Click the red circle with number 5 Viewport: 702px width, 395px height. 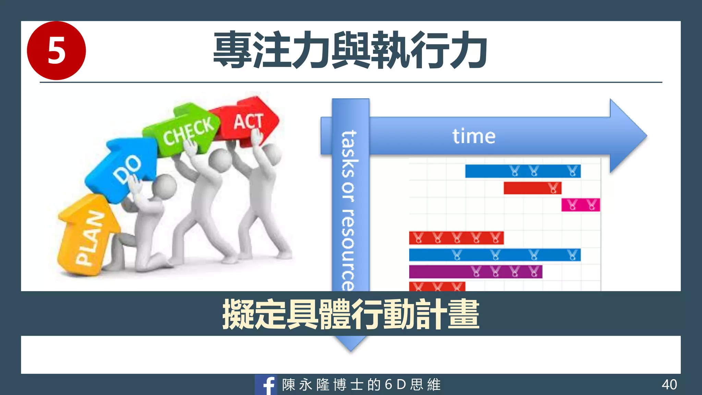56,50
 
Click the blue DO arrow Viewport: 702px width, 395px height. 125,168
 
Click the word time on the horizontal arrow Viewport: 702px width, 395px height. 474,136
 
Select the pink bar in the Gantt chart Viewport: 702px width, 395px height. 580,205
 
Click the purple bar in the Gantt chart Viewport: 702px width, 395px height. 475,272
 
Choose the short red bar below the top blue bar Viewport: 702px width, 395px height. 532,188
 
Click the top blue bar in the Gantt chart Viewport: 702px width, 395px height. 522,171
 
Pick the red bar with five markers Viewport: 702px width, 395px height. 456,238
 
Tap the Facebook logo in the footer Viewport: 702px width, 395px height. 266,385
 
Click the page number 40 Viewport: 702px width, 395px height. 669,384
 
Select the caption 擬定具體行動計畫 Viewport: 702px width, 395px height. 351,314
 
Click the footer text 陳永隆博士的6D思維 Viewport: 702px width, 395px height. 361,385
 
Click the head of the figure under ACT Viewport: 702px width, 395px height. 271,154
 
